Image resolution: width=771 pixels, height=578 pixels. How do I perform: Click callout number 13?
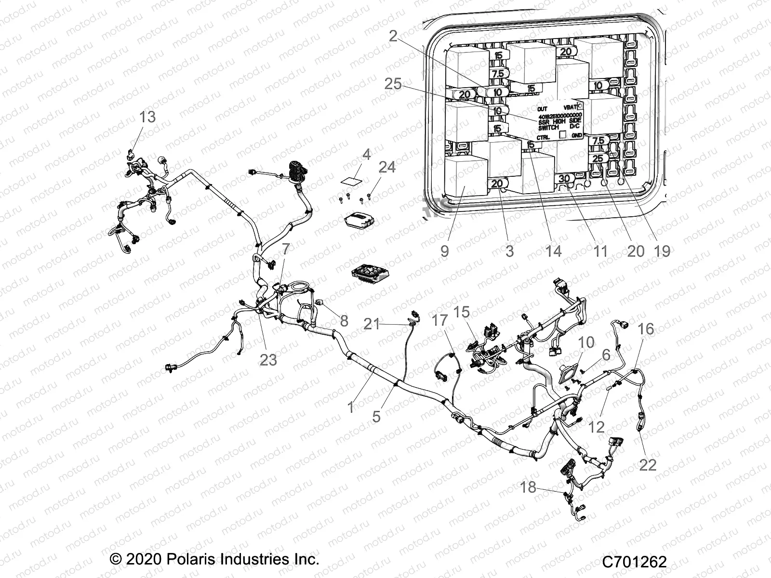tap(148, 117)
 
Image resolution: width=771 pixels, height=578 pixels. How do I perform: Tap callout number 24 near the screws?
tap(387, 167)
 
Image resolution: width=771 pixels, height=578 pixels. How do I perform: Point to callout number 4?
tap(366, 155)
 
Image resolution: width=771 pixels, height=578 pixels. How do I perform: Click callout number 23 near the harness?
tap(268, 359)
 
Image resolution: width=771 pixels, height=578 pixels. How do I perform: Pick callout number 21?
tap(372, 324)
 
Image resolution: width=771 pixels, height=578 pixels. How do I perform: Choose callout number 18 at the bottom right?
tap(528, 487)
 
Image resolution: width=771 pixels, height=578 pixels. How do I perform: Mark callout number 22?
tap(648, 465)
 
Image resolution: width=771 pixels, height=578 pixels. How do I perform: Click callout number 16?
tap(646, 329)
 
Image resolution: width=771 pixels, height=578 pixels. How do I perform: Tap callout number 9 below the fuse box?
tap(444, 251)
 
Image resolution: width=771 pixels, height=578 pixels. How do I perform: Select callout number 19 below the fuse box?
tap(663, 251)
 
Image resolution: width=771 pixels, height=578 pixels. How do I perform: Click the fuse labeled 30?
tap(564, 179)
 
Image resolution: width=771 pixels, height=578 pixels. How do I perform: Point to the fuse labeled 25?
tap(598, 158)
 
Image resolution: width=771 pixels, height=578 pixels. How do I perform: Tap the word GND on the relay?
tap(576, 136)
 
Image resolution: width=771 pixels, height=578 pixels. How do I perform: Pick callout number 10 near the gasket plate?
tap(586, 342)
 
